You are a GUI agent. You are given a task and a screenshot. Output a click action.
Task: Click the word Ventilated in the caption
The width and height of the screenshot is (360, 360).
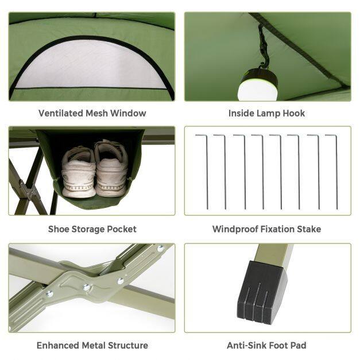(61, 113)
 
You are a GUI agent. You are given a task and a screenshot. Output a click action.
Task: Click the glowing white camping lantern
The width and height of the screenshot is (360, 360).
(258, 85)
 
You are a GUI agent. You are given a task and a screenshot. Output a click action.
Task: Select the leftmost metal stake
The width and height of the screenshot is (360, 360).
(206, 172)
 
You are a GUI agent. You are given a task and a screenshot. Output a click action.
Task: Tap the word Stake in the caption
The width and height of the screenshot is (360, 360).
(309, 229)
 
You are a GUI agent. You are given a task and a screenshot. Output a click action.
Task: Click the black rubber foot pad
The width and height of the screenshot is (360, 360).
(262, 292)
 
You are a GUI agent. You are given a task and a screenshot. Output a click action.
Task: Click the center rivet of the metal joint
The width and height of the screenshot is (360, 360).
(86, 287)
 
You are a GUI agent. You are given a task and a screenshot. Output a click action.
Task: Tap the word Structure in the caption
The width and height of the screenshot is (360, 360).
(128, 345)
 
